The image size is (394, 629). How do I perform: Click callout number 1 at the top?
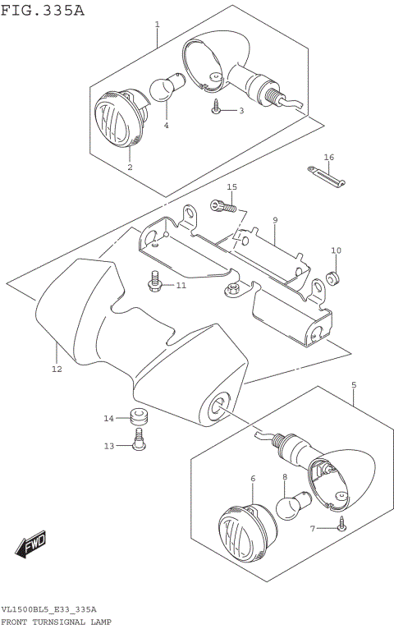(x=157, y=25)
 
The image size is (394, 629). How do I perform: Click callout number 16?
(x=328, y=157)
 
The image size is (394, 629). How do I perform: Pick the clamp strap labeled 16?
(x=328, y=175)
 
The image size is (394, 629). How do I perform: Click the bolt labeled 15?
(x=223, y=206)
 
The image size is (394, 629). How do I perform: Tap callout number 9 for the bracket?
(x=275, y=220)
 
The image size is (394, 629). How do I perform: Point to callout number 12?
(x=56, y=369)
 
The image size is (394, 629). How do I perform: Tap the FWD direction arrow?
(x=32, y=545)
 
